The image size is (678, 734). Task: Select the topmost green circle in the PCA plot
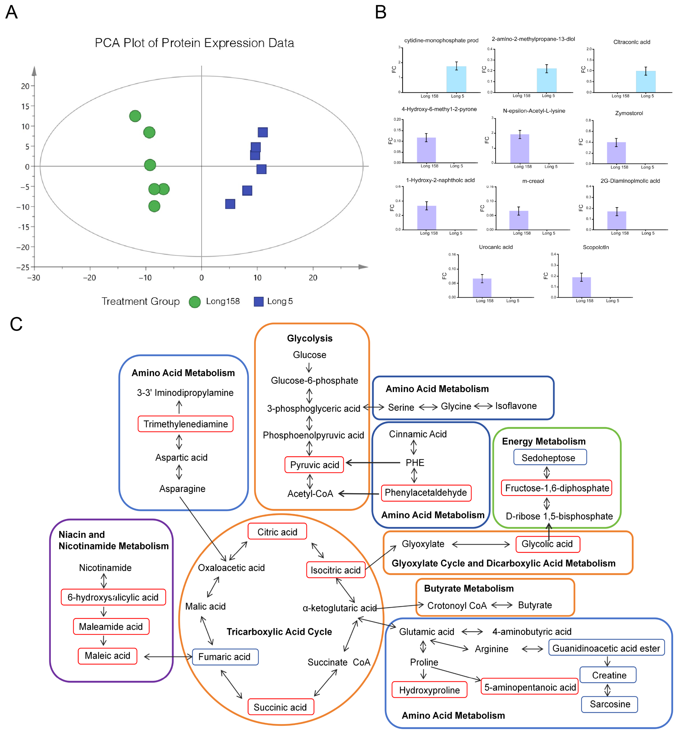coord(135,116)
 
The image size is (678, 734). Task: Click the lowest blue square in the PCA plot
coord(230,204)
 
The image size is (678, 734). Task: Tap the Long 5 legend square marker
coord(259,301)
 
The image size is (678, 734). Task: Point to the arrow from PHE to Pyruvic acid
coord(372,463)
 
